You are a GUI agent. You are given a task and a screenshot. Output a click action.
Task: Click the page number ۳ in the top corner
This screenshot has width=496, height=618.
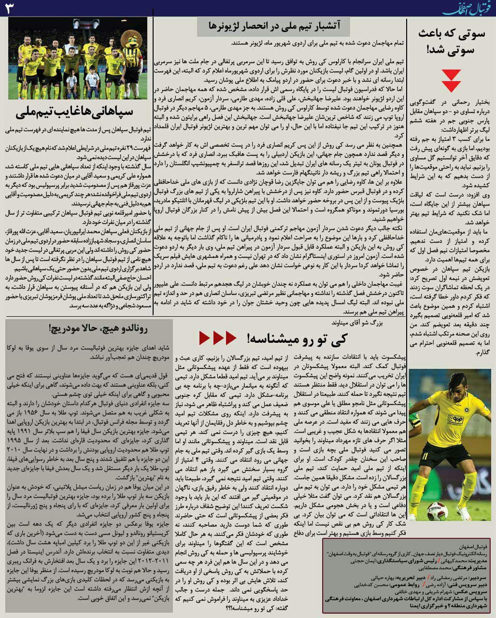11,9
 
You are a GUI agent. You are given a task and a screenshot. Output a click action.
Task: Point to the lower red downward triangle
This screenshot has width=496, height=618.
452,86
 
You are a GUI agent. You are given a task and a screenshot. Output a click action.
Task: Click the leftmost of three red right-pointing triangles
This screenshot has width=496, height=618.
205,338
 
